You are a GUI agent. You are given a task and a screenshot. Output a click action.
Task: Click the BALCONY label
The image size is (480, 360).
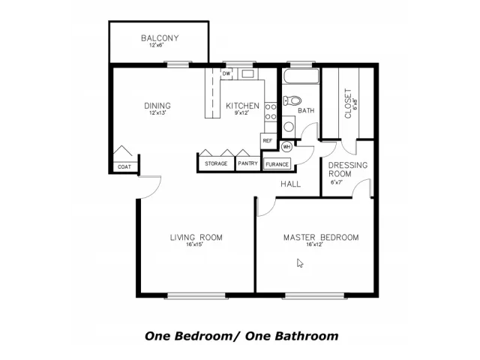(x=160, y=38)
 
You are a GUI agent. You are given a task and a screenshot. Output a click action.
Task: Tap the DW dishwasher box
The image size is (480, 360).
(x=226, y=73)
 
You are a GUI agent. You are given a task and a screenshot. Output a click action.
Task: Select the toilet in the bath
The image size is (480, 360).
(x=292, y=100)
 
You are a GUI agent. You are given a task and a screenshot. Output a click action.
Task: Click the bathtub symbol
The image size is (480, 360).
(x=301, y=76)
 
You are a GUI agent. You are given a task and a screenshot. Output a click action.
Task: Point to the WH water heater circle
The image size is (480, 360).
(x=286, y=147)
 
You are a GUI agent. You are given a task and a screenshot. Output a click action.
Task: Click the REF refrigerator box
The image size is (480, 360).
(x=268, y=141)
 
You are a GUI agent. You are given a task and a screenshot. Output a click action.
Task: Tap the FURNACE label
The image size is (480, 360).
(x=277, y=164)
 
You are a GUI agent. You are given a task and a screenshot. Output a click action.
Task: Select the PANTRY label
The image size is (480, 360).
(x=247, y=163)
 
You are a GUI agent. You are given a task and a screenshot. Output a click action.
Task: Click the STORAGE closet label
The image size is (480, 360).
(x=216, y=163)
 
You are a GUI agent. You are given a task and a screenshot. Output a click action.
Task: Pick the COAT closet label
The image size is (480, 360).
(x=124, y=166)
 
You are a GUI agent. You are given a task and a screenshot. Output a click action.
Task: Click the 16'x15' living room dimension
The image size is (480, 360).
(x=195, y=244)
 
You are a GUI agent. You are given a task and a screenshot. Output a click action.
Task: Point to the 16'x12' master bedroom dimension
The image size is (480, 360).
(x=315, y=244)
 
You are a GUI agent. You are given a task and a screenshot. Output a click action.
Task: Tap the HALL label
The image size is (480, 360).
(x=290, y=184)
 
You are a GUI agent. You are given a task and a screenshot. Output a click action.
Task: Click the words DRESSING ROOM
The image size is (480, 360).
(x=348, y=169)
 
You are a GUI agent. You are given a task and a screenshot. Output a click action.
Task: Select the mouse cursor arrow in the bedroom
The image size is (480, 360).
(x=300, y=263)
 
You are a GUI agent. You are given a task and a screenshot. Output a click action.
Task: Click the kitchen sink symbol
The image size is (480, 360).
(x=247, y=73)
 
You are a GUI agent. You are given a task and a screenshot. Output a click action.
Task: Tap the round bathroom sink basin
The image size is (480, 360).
(x=289, y=127)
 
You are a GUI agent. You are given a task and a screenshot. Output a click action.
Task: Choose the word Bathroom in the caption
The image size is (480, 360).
(x=307, y=336)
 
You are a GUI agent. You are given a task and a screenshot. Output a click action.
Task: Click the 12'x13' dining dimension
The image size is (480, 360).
(x=157, y=113)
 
